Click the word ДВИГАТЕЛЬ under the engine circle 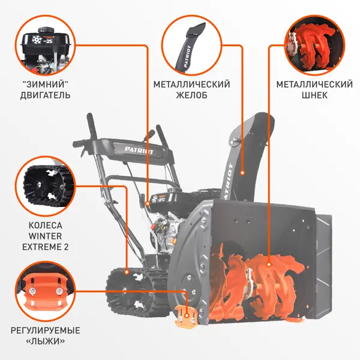pos(45,95)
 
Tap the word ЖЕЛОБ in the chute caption pos(191,95)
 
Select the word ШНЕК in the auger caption pos(314,95)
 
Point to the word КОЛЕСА pos(45,225)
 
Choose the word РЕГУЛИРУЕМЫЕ pos(45,331)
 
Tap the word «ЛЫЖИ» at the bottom pos(45,341)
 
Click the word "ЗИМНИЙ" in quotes pos(45,84)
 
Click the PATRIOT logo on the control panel pos(139,151)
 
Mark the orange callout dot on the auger pos(269,265)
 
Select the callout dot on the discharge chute pos(242,173)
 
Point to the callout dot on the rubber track pos(126,272)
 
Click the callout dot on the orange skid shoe pos(187,316)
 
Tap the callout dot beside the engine pos(148,203)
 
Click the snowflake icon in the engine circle pos(37,40)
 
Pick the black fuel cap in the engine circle pos(46,30)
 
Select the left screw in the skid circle pos(31,292)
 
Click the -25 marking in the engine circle pos(48,41)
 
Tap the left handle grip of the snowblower pos(92,123)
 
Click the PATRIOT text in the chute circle pos(187,57)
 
